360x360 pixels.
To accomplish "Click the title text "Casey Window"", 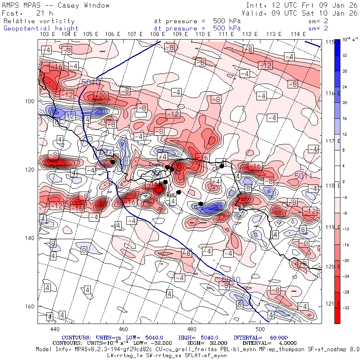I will tap(84, 5).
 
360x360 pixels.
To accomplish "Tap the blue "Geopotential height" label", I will tap(41, 28).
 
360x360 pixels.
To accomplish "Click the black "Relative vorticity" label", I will tap(39, 21).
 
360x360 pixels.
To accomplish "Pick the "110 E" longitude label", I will tap(200, 34).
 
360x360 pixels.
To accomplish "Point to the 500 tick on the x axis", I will tap(260, 329).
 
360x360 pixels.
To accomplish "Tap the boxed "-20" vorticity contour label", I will tap(101, 96).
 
